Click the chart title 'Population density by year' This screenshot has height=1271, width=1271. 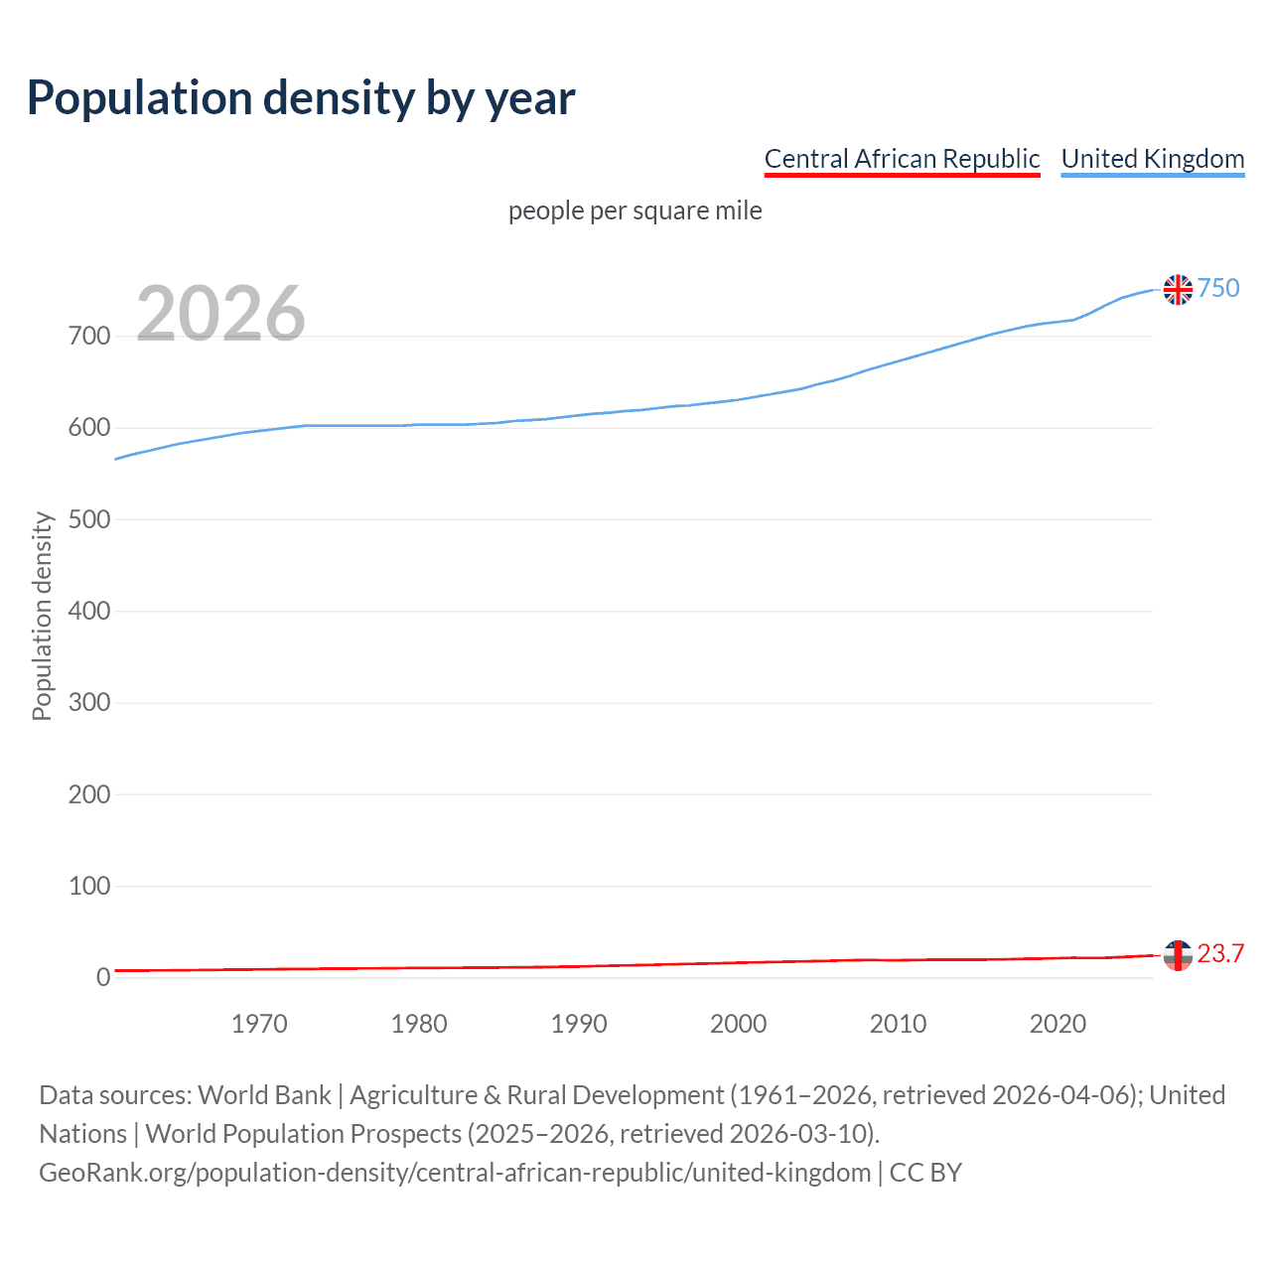[x=301, y=97]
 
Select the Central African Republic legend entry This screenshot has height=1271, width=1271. [x=902, y=159]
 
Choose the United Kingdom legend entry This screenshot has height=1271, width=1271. [x=1152, y=159]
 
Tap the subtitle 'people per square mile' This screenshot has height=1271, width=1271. [x=635, y=211]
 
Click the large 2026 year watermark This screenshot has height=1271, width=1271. [x=220, y=314]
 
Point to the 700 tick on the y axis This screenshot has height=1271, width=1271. [x=89, y=337]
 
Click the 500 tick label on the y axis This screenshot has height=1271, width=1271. [x=89, y=519]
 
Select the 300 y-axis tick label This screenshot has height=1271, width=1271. [x=89, y=703]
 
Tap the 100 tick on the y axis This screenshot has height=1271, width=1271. [x=89, y=886]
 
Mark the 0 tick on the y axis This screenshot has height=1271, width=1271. [x=103, y=977]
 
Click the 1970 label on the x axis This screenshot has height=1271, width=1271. [x=259, y=1024]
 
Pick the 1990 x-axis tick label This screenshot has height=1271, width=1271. [x=579, y=1024]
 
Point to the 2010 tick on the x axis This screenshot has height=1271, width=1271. [x=898, y=1024]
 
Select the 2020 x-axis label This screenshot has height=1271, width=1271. [x=1058, y=1024]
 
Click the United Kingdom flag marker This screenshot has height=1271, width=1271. [x=1178, y=289]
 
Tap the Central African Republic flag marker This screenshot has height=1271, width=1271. [x=1178, y=955]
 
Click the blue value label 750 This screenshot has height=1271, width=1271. [x=1218, y=288]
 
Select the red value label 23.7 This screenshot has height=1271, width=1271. [x=1220, y=953]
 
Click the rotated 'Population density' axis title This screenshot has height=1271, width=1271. [x=42, y=616]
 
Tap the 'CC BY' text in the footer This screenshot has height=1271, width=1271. [x=925, y=1173]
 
